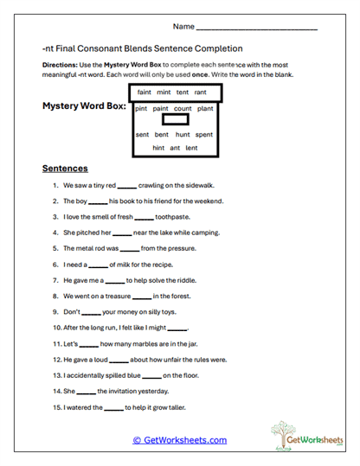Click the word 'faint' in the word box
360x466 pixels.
[x=145, y=93]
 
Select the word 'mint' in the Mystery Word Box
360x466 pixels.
[x=165, y=93]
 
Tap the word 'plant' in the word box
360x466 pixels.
[x=205, y=109]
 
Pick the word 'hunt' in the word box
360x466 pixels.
[x=183, y=135]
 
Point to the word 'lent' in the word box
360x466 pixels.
[x=191, y=148]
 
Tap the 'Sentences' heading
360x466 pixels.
[x=65, y=169]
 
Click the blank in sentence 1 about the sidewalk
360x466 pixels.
[x=126, y=186]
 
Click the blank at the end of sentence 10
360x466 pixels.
[x=177, y=329]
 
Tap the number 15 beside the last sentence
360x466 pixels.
[x=56, y=407]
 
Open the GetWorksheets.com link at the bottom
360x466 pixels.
[x=179, y=440]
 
